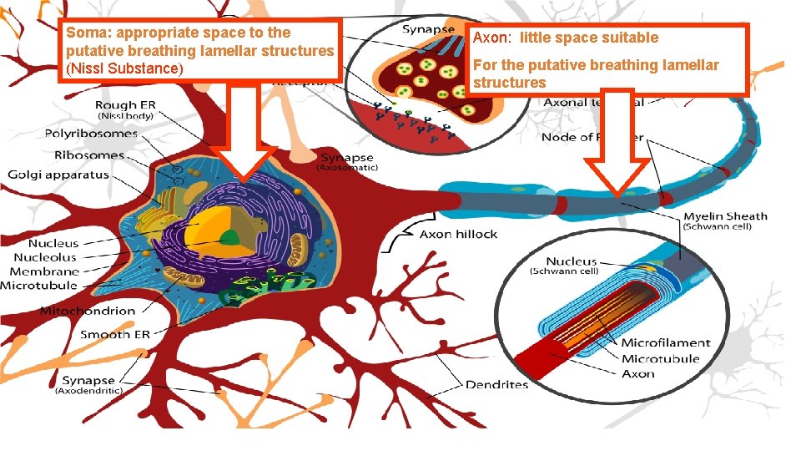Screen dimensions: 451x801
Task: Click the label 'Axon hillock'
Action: tap(458, 234)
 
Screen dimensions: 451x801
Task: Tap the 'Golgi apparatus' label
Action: tap(58, 175)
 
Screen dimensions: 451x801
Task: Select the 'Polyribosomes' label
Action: tap(90, 134)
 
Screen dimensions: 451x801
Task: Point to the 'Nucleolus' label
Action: tap(45, 257)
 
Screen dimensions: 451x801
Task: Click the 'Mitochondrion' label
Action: tap(88, 311)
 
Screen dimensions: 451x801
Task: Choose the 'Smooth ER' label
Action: tap(116, 334)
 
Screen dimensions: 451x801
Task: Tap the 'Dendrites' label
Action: tap(496, 385)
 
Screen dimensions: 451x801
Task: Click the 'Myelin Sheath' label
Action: tap(724, 216)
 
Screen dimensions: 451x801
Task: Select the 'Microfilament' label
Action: tap(665, 342)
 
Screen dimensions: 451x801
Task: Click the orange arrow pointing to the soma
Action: tap(243, 134)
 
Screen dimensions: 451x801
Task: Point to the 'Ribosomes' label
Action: tap(88, 155)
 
